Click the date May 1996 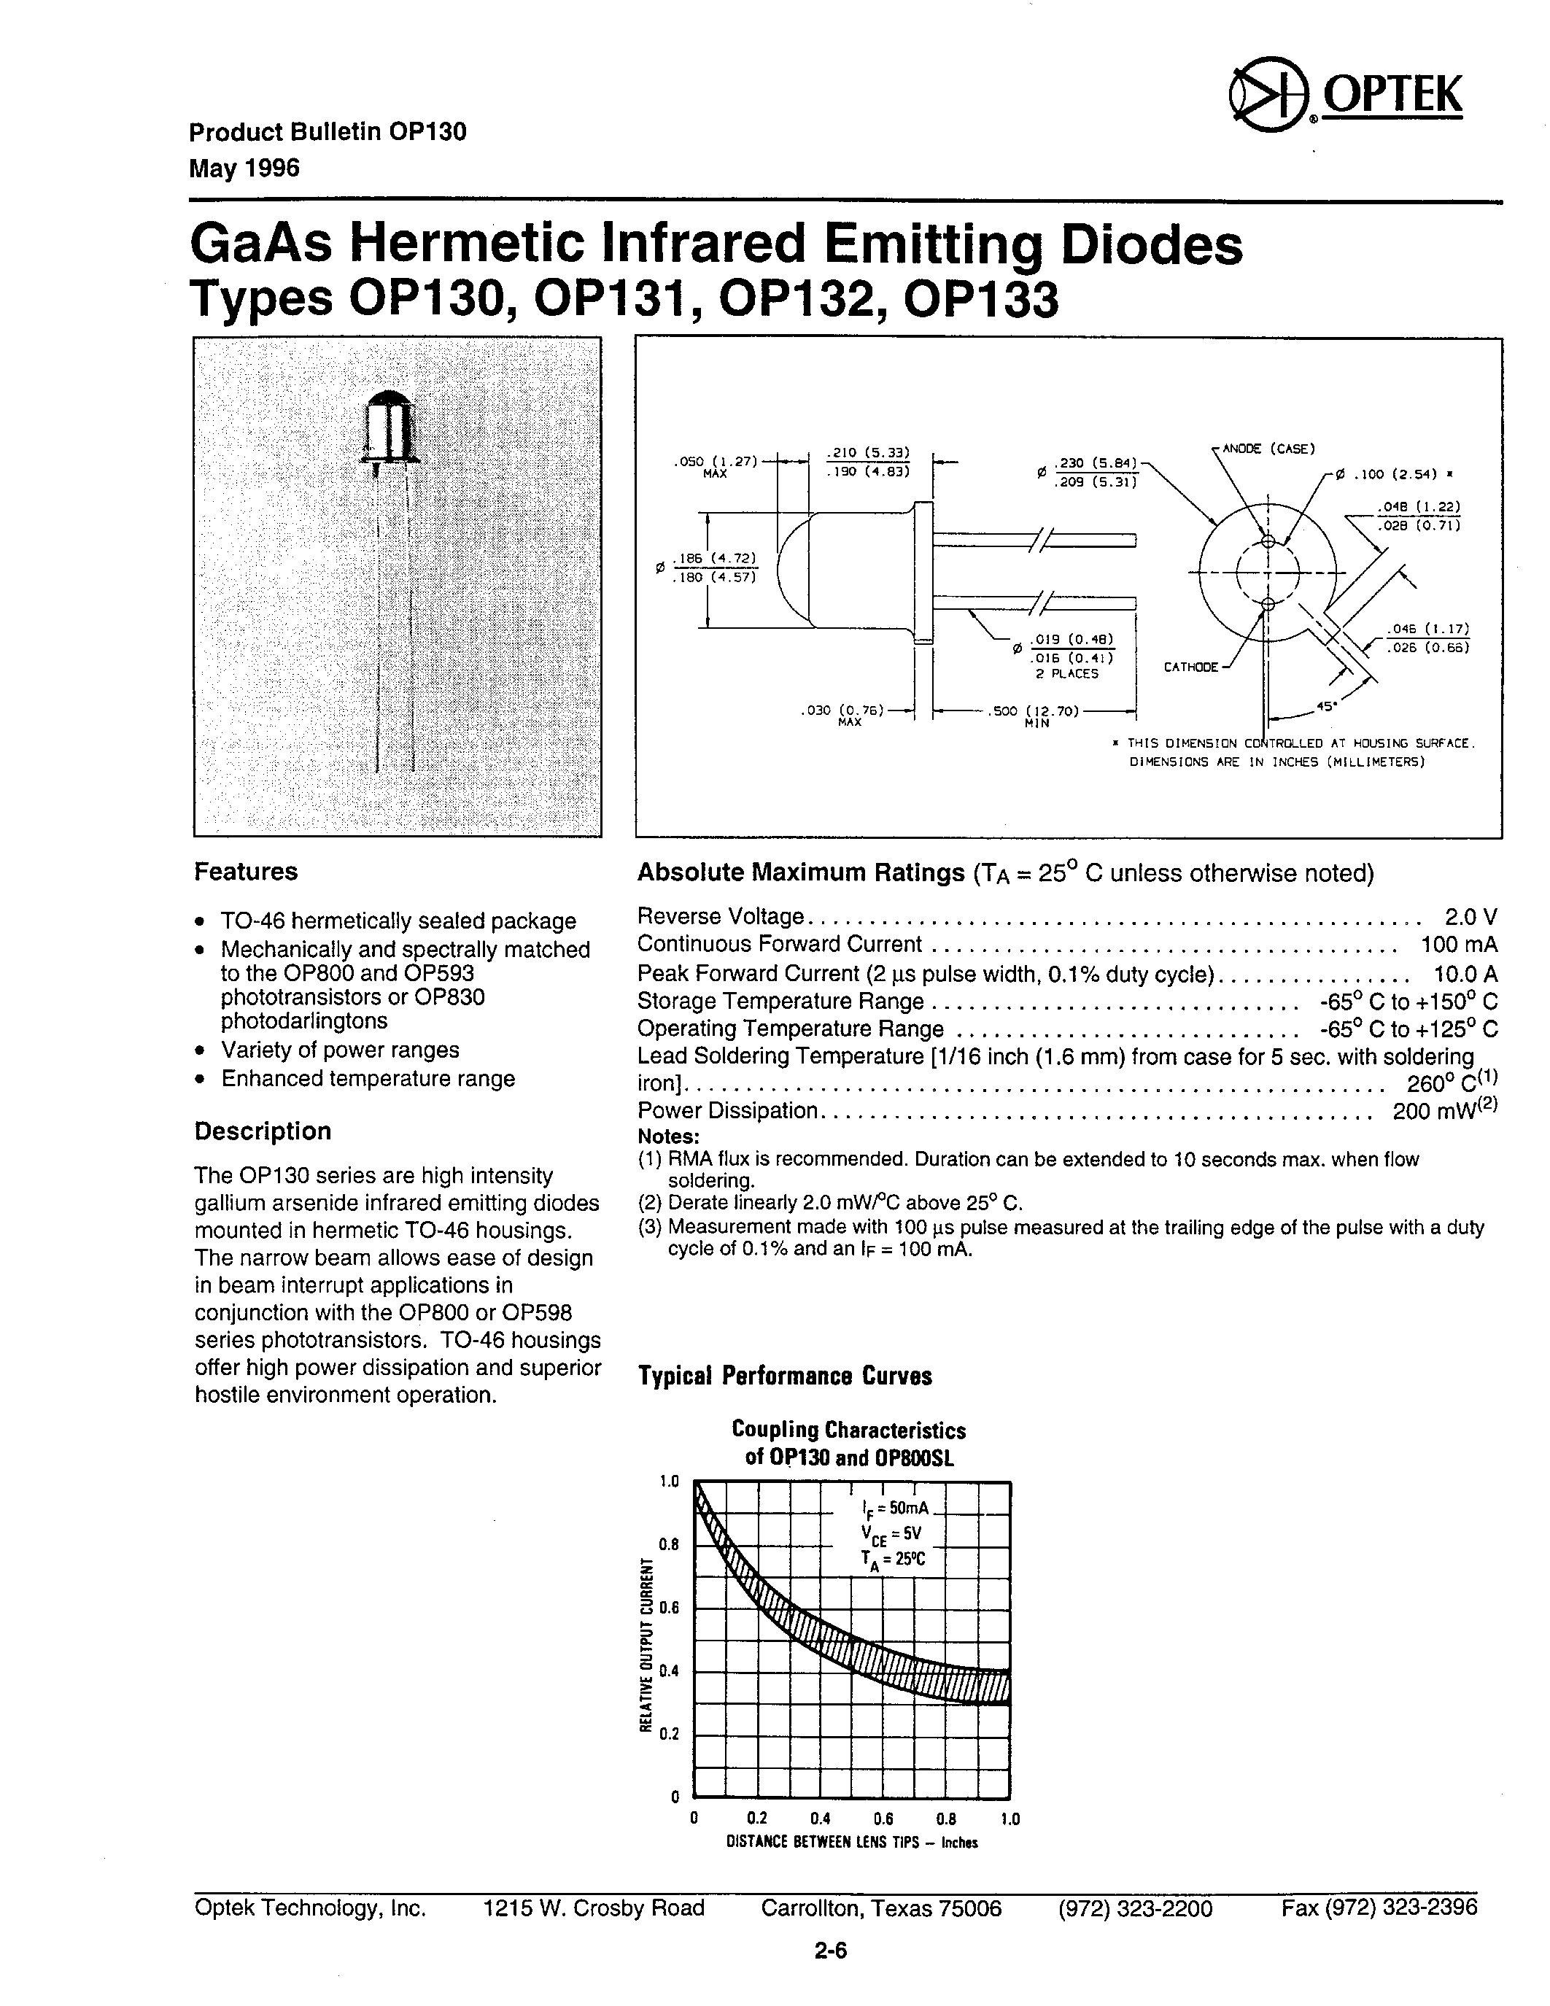click(x=244, y=169)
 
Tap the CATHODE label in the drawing click(x=1190, y=667)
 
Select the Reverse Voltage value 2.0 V click(x=1470, y=917)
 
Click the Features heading click(x=246, y=872)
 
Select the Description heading click(x=263, y=1131)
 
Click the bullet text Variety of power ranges click(x=340, y=1050)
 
